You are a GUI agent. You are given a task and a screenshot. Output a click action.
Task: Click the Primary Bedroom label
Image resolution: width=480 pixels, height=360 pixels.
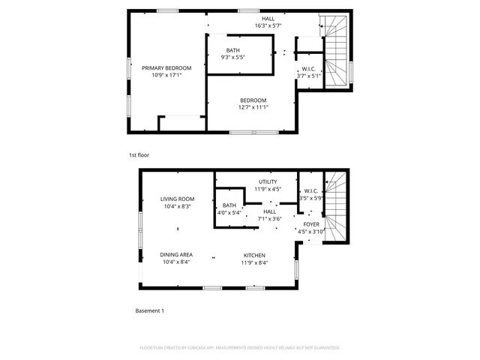(x=166, y=68)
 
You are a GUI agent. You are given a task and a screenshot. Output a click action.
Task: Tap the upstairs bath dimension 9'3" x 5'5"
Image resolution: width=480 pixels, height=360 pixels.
(x=233, y=57)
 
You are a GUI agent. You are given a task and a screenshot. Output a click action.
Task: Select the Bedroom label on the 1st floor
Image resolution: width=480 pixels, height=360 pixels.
(x=253, y=100)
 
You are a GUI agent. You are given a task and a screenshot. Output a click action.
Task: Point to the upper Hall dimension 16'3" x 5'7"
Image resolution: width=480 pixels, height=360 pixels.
(x=268, y=25)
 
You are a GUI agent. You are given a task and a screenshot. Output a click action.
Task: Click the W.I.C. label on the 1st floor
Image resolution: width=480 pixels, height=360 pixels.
(x=308, y=68)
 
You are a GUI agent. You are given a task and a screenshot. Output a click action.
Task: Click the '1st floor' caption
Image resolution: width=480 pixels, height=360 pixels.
(x=139, y=155)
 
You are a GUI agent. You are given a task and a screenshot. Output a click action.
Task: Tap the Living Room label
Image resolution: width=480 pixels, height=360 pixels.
(x=177, y=199)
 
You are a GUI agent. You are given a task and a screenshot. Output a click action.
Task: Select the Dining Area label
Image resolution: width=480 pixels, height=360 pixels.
(x=177, y=255)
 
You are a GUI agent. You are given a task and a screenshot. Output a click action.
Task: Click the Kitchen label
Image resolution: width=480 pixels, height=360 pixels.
(x=254, y=255)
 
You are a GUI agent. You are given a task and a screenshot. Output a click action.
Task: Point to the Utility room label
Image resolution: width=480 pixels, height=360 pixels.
(x=268, y=182)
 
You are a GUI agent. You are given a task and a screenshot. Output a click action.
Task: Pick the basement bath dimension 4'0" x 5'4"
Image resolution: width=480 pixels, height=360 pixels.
(x=229, y=212)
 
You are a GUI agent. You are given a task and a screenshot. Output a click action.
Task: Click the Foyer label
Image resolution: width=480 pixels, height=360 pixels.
(x=310, y=224)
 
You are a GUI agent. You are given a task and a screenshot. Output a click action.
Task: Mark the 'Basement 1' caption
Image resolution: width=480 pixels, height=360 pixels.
(x=149, y=310)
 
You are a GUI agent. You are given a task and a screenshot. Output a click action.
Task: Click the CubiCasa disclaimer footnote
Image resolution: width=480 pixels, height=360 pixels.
(x=240, y=348)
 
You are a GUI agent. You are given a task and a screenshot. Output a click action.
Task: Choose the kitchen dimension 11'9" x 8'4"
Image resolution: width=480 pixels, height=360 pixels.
(x=254, y=262)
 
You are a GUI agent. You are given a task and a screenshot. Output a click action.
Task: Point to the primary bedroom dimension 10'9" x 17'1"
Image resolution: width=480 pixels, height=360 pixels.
(x=166, y=76)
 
